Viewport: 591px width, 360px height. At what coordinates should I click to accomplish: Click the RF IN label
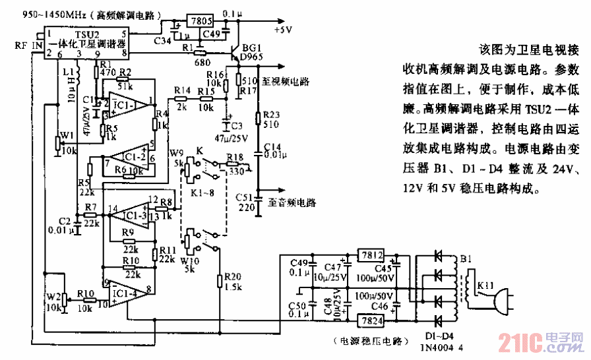click(x=26, y=44)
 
